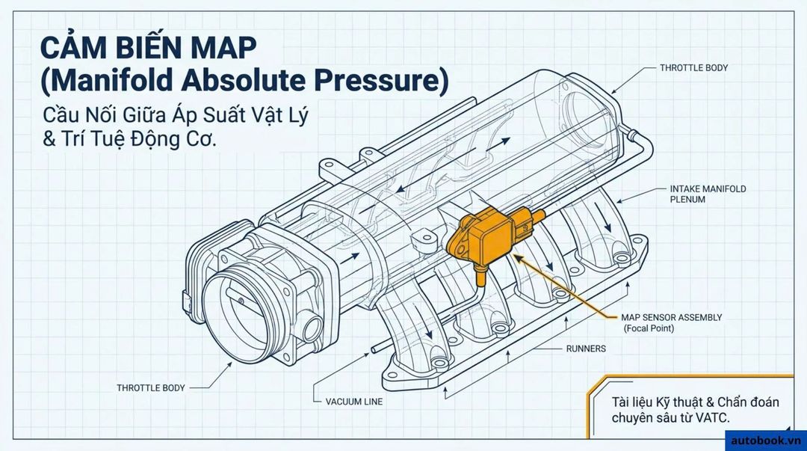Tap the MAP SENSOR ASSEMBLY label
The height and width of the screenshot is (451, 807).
(671, 318)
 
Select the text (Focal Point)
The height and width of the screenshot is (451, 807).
(649, 328)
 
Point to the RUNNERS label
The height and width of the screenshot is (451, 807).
(586, 349)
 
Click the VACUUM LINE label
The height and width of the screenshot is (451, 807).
(354, 402)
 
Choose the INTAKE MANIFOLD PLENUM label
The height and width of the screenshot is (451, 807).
(708, 194)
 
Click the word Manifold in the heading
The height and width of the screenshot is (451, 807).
(108, 82)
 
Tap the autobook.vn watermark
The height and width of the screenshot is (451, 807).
(766, 441)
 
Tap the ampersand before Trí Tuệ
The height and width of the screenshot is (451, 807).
(49, 140)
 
